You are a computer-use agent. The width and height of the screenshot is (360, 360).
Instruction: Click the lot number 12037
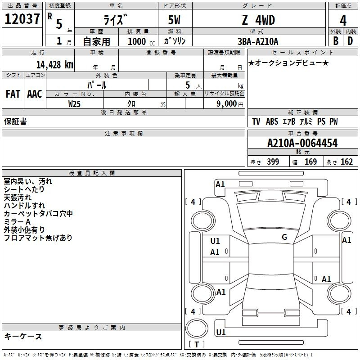(22, 19)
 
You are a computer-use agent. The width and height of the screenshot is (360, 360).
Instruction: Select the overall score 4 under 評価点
(343, 21)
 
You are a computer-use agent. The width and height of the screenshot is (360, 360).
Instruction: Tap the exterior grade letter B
(336, 41)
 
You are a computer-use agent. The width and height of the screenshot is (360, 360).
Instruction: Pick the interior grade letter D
(350, 41)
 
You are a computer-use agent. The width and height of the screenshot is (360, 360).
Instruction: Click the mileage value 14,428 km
(55, 65)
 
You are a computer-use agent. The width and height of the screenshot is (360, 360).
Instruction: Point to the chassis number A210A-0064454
(302, 143)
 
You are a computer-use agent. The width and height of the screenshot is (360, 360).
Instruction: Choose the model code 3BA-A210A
(258, 41)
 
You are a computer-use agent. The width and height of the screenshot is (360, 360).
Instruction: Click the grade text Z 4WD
(258, 20)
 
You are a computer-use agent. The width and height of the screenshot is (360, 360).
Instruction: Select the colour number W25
(74, 104)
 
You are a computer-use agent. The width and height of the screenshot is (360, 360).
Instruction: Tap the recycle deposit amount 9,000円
(230, 104)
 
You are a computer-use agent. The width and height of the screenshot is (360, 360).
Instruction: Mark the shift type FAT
(13, 94)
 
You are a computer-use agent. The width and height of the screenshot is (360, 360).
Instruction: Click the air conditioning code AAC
(35, 94)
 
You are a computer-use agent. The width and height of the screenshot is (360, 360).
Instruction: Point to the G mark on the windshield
(284, 237)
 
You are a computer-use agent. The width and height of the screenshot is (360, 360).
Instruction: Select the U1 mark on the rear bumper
(221, 332)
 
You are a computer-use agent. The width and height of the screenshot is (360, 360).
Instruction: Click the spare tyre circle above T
(197, 328)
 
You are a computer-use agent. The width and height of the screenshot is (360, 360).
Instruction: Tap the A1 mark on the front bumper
(220, 184)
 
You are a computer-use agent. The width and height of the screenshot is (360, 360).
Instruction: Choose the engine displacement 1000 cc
(141, 41)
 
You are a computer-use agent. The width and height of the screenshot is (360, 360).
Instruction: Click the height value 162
(346, 162)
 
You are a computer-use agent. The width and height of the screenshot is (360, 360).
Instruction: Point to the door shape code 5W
(174, 20)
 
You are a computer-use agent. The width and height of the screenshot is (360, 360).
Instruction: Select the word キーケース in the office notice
(23, 336)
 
